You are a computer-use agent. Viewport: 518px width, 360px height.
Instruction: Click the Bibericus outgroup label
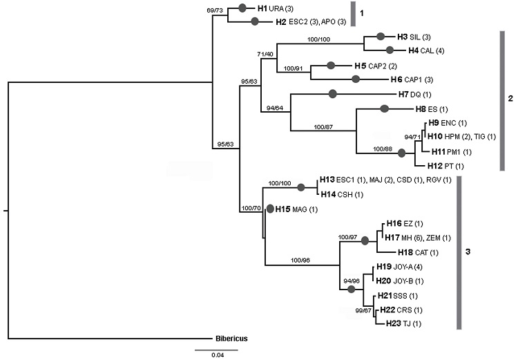231,339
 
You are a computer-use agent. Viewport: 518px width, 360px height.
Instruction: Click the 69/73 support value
224,11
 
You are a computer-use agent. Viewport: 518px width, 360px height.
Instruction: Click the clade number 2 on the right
510,100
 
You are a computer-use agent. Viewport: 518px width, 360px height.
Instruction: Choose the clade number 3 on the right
468,253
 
